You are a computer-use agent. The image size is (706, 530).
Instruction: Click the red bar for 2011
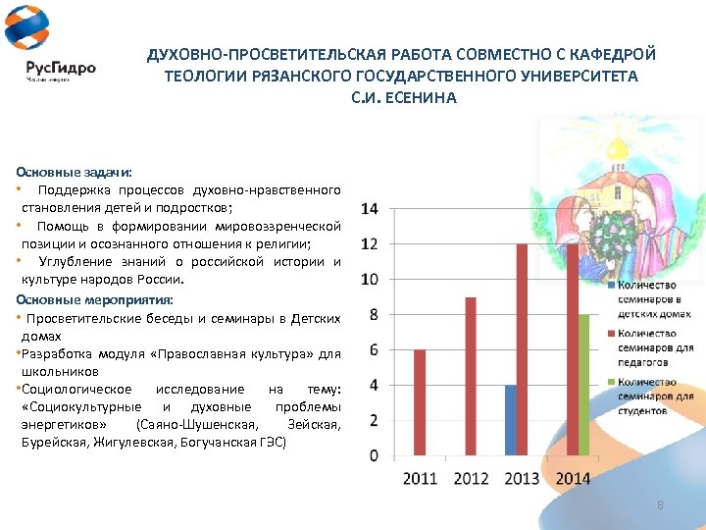420,402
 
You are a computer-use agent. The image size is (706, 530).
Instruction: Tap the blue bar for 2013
510,420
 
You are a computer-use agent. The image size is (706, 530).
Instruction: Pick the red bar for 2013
522,349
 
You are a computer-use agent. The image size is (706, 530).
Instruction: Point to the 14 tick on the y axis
371,209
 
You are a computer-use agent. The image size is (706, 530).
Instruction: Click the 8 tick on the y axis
374,315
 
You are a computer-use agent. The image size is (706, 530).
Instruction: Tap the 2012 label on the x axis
471,478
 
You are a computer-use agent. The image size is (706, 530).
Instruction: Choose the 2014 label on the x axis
573,478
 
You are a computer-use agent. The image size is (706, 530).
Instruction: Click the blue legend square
611,286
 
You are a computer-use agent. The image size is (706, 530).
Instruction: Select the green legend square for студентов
611,382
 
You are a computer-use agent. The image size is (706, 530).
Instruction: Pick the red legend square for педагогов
611,334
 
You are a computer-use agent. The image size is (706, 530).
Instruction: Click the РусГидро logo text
61,69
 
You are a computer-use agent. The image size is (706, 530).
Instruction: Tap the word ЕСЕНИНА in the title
428,98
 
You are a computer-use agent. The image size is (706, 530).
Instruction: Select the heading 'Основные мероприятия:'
94,299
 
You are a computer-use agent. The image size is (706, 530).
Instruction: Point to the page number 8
660,504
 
